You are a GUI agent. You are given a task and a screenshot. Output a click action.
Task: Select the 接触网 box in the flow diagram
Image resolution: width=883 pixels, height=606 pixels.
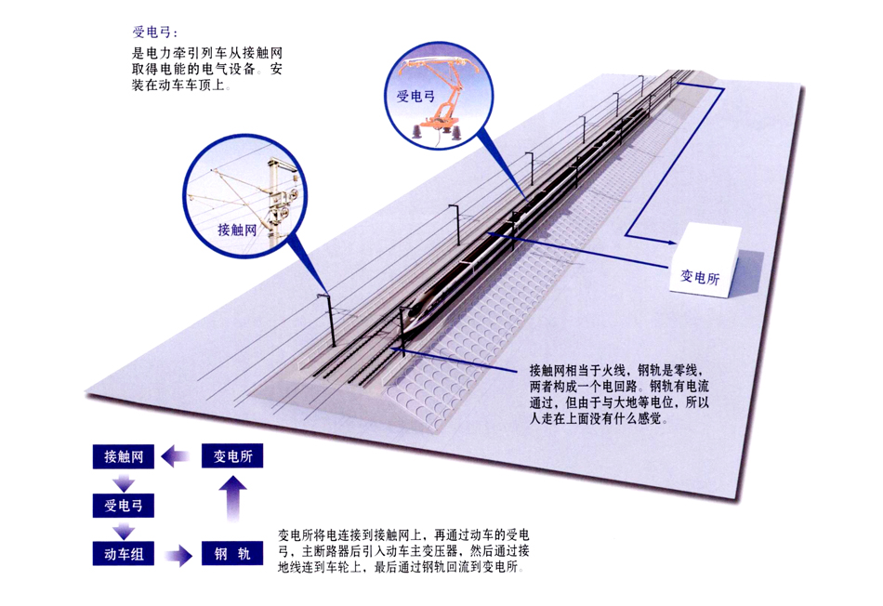click(123, 456)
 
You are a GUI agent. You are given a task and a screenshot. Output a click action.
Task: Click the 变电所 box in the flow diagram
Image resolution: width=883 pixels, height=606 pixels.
click(233, 456)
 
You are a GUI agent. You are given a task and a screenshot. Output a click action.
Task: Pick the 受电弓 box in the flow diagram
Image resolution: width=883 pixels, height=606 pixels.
click(123, 507)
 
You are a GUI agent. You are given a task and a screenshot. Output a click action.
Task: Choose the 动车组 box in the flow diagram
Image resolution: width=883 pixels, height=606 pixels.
click(123, 556)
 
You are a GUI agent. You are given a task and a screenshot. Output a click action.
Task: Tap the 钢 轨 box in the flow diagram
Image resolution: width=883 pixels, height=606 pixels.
click(233, 556)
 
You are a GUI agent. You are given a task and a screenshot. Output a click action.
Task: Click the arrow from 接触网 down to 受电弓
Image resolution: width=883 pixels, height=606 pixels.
click(123, 482)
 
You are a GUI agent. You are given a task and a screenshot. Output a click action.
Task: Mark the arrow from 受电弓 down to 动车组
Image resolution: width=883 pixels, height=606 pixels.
click(123, 532)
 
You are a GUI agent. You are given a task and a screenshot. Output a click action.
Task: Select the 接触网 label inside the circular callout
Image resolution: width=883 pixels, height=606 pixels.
click(236, 230)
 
